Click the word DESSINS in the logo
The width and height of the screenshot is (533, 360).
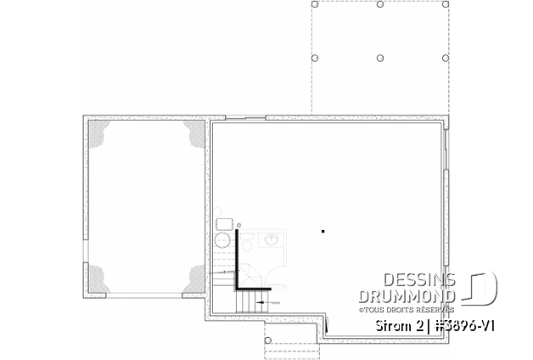pos(419,280)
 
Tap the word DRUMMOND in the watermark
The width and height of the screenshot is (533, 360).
pos(407,296)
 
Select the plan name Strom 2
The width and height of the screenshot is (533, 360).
pos(399,326)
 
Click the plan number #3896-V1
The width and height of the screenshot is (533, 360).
pos(462,326)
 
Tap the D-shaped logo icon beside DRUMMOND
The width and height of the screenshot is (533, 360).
pos(480,286)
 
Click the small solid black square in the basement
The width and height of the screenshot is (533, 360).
pos(323,232)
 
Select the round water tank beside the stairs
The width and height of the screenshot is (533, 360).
pos(222,240)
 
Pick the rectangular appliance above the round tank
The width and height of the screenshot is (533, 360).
pos(225,224)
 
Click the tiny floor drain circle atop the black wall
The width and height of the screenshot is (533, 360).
pos(239,225)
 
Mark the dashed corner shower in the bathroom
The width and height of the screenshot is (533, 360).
pos(250,275)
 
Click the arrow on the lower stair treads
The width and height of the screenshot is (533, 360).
pos(268,302)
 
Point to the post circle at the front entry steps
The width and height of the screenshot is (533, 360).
pos(268,340)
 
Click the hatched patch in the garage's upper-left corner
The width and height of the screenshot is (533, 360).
pos(98,132)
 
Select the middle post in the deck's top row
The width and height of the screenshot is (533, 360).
pos(380,4)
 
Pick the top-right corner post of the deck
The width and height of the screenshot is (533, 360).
pos(446,4)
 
